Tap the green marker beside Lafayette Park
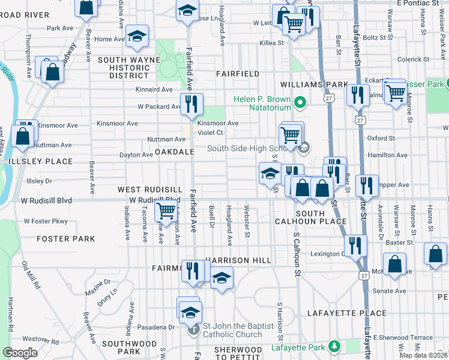coord(334,347)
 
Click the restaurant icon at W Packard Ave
coord(191,104)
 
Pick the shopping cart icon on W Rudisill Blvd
coord(165,211)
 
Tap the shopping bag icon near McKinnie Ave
coord(395,263)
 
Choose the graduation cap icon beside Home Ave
coord(137,37)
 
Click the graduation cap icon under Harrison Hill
coord(221,278)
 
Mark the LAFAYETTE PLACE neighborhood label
coord(347,313)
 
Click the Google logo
coord(20,353)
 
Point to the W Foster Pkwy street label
coord(46,221)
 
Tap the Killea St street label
coord(272,43)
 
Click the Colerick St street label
coord(411,59)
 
